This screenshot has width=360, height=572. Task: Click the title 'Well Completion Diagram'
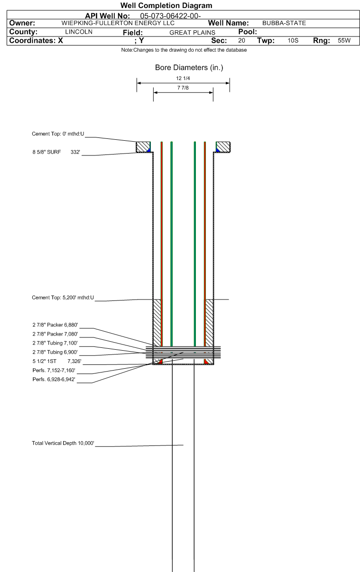coord(166,5)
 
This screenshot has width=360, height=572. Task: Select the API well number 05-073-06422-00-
coord(170,16)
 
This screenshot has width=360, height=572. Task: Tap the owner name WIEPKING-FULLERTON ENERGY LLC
coord(118,23)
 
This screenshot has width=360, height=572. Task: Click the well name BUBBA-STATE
coord(284,23)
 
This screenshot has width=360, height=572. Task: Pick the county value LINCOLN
coord(79,32)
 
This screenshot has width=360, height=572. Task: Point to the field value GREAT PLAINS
coord(192,32)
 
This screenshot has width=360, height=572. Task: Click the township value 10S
coord(293,40)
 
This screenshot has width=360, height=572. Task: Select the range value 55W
coord(344,40)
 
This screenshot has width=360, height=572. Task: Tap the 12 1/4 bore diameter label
coord(183,78)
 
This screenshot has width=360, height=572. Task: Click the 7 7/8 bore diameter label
coord(183,88)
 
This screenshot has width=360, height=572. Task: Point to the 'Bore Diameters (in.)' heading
coord(189,67)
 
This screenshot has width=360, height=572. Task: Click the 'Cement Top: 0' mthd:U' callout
coord(58,134)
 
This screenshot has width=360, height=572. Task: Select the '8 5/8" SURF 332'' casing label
coord(56,152)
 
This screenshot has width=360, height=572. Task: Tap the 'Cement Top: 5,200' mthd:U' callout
coord(63,298)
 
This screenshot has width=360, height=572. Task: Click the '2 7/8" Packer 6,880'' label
coord(55,325)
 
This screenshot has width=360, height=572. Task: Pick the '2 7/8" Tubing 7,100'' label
coord(55,343)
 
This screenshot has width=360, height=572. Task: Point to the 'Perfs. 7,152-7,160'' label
coord(54,370)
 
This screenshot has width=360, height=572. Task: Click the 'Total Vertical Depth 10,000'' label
coord(63,443)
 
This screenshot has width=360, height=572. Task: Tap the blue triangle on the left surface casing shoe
coord(149,150)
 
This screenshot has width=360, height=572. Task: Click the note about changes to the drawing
coord(184,50)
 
